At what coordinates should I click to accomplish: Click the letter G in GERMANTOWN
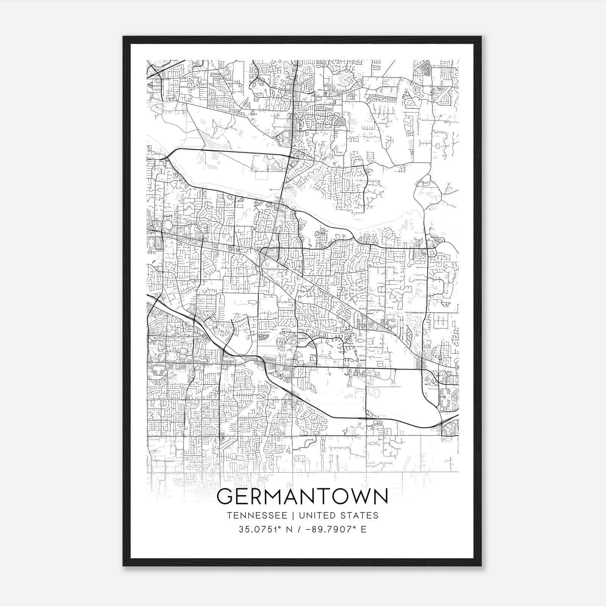pyautogui.click(x=226, y=496)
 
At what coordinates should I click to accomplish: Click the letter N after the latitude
pyautogui.click(x=289, y=529)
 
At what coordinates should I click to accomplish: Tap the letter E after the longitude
pyautogui.click(x=364, y=529)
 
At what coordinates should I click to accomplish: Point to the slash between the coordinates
pyautogui.click(x=299, y=529)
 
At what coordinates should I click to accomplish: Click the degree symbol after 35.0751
pyautogui.click(x=280, y=527)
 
